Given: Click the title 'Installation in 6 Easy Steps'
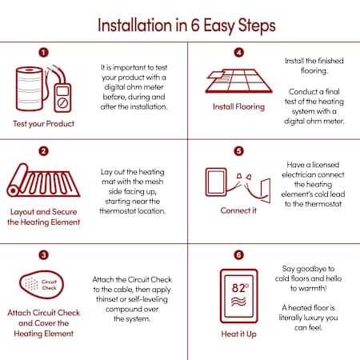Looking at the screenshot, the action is click(186, 26).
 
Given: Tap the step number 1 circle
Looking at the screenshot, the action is click(44, 52).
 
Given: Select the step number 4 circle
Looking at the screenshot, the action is click(239, 52).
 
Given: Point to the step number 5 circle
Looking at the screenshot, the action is click(239, 151).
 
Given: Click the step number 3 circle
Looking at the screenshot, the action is click(44, 255).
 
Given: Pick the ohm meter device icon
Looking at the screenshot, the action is click(62, 98).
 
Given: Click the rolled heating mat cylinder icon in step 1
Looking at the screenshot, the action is click(30, 89).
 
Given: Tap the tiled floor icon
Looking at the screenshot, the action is click(239, 81).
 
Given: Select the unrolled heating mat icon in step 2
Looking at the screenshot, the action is click(43, 181).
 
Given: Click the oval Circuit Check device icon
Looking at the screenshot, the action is click(42, 285).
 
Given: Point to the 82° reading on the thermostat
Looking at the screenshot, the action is click(240, 288).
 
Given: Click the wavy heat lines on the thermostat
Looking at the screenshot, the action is click(238, 302).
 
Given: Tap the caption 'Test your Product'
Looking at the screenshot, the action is click(44, 124).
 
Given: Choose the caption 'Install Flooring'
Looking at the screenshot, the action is click(239, 107).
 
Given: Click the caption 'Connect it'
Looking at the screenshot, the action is click(238, 210).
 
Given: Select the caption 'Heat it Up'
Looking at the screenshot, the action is click(239, 334).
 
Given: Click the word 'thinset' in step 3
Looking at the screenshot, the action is click(107, 299).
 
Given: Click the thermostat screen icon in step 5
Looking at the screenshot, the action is click(216, 182).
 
